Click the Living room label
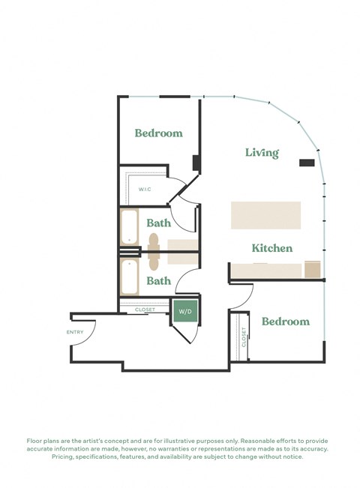(x=262, y=153)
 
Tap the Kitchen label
(x=271, y=248)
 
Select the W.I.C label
(x=145, y=189)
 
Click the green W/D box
(x=184, y=310)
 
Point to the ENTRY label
(x=75, y=332)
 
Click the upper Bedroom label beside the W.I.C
(x=158, y=133)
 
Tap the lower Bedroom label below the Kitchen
(x=285, y=322)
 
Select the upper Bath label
(x=158, y=223)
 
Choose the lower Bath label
(x=158, y=281)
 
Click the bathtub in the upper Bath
(x=130, y=228)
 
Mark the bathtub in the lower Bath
(x=130, y=277)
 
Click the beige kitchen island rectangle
(x=265, y=215)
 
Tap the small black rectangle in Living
(x=307, y=163)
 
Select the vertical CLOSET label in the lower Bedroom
(x=244, y=337)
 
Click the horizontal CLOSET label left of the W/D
(x=145, y=309)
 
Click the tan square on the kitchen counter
(x=313, y=269)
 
